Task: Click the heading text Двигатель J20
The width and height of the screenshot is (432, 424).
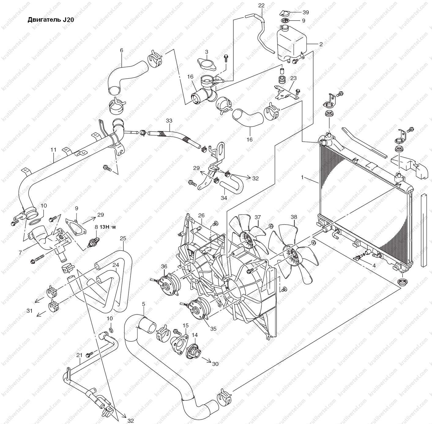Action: click(51, 20)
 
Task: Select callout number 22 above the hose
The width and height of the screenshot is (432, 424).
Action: click(261, 6)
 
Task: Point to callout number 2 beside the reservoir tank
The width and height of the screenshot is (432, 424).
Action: click(321, 44)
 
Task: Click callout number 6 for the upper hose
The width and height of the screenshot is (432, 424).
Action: click(121, 50)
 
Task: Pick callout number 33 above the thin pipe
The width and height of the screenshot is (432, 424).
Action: click(169, 121)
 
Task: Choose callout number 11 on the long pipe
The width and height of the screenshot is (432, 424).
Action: click(54, 150)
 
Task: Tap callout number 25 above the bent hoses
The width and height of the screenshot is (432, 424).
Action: click(123, 238)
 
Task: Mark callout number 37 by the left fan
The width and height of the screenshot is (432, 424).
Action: click(258, 217)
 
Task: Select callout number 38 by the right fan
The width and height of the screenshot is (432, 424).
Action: click(294, 217)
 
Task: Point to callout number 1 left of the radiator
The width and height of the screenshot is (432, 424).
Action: click(302, 177)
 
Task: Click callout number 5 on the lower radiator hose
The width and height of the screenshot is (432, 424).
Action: click(143, 304)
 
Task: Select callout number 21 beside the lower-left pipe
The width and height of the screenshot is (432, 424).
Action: click(80, 355)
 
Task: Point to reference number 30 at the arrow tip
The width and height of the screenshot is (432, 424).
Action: click(215, 364)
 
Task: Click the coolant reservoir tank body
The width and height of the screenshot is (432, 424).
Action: click(291, 43)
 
